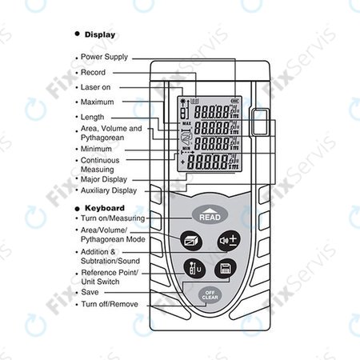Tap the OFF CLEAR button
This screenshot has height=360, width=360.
tap(210, 294)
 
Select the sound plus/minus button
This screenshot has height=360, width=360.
tap(227, 240)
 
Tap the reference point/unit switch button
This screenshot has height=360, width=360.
tap(192, 269)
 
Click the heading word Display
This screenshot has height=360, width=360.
tap(99, 35)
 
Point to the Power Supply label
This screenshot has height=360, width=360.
tap(104, 58)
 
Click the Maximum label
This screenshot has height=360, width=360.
tap(98, 102)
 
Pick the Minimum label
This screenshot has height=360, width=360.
tap(97, 149)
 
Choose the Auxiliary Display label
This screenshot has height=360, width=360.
tap(109, 191)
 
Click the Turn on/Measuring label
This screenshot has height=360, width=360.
tap(113, 218)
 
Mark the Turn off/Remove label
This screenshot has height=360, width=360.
tap(110, 304)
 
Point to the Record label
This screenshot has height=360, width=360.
tap(93, 73)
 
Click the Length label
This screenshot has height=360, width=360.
tap(93, 118)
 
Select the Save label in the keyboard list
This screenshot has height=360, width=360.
tap(90, 293)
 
